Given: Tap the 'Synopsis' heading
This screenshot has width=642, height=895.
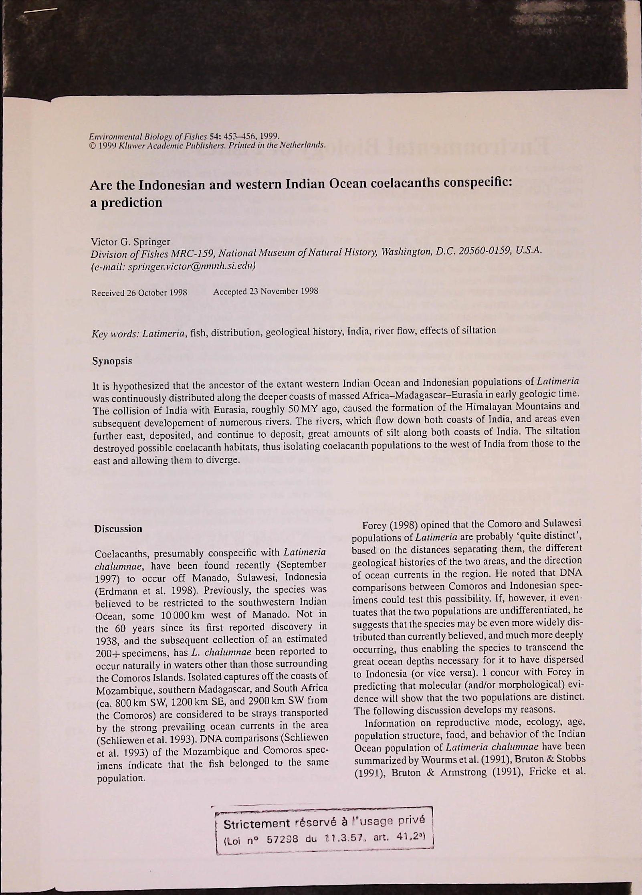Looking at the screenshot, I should pos(112,361).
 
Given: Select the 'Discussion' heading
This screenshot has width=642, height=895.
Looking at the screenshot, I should pos(118,529).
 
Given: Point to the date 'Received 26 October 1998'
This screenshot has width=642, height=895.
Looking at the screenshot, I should pos(139,293).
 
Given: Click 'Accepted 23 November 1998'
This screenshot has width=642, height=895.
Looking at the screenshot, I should pos(266,291).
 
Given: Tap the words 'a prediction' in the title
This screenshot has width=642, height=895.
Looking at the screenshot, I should pos(126,203).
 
